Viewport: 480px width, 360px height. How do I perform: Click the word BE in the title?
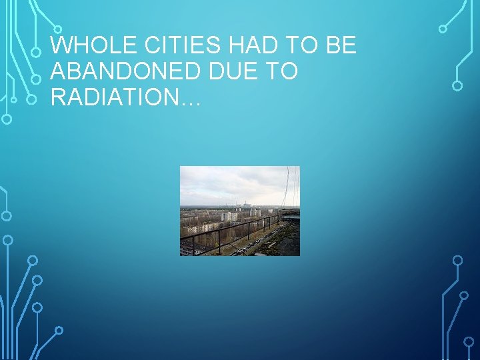tap(341, 46)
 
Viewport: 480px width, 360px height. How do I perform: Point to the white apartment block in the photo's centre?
tap(229, 216)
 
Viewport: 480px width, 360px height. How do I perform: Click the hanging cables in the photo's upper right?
tap(289, 187)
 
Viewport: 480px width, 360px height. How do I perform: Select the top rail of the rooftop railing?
tap(227, 227)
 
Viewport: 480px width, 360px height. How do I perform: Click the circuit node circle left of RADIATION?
tap(31, 99)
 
